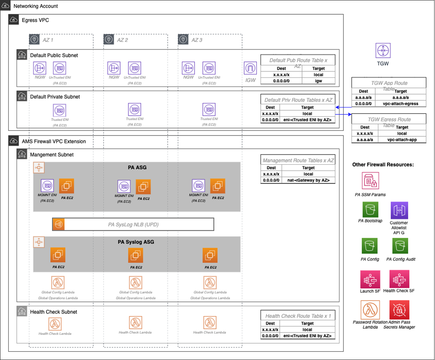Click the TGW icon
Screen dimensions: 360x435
pyautogui.click(x=383, y=50)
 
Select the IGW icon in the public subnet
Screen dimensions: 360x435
pyautogui.click(x=250, y=69)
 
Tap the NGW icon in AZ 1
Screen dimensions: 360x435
pyautogui.click(x=40, y=69)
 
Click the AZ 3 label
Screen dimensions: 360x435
pyautogui.click(x=197, y=40)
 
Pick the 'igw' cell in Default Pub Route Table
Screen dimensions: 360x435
pyautogui.click(x=318, y=81)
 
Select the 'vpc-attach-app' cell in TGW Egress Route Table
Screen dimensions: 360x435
pyautogui.click(x=402, y=139)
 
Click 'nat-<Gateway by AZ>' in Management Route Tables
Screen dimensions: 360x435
pyautogui.click(x=308, y=181)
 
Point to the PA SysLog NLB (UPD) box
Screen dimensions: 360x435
pyautogui.click(x=133, y=224)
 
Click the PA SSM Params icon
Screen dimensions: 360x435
pyautogui.click(x=371, y=181)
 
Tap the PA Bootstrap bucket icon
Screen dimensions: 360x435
pyautogui.click(x=371, y=210)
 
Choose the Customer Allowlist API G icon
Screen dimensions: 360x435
pyautogui.click(x=399, y=210)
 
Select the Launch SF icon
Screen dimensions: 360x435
pyautogui.click(x=371, y=279)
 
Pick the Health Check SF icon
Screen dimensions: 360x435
pyautogui.click(x=399, y=279)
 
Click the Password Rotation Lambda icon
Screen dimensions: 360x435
pyautogui.click(x=371, y=310)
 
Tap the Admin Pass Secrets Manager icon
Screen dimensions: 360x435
pyautogui.click(x=399, y=310)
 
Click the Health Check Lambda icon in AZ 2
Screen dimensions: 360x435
pyautogui.click(x=135, y=322)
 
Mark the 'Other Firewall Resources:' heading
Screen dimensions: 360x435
pyautogui.click(x=382, y=165)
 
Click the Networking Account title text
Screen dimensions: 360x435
pyautogui.click(x=36, y=6)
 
